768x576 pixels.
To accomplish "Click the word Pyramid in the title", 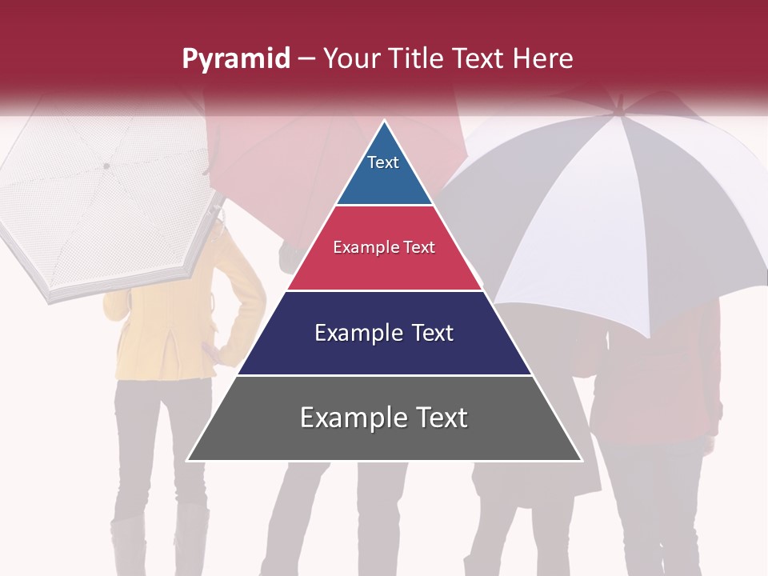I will (236, 59).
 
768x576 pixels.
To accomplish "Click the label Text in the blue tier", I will (382, 162).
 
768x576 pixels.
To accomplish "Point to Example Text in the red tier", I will (384, 247).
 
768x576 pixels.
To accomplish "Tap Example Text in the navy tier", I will (384, 333).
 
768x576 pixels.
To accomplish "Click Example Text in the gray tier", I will (384, 418).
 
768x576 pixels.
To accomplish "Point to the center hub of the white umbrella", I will (106, 166).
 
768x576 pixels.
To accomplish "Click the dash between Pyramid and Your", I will (306, 59).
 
